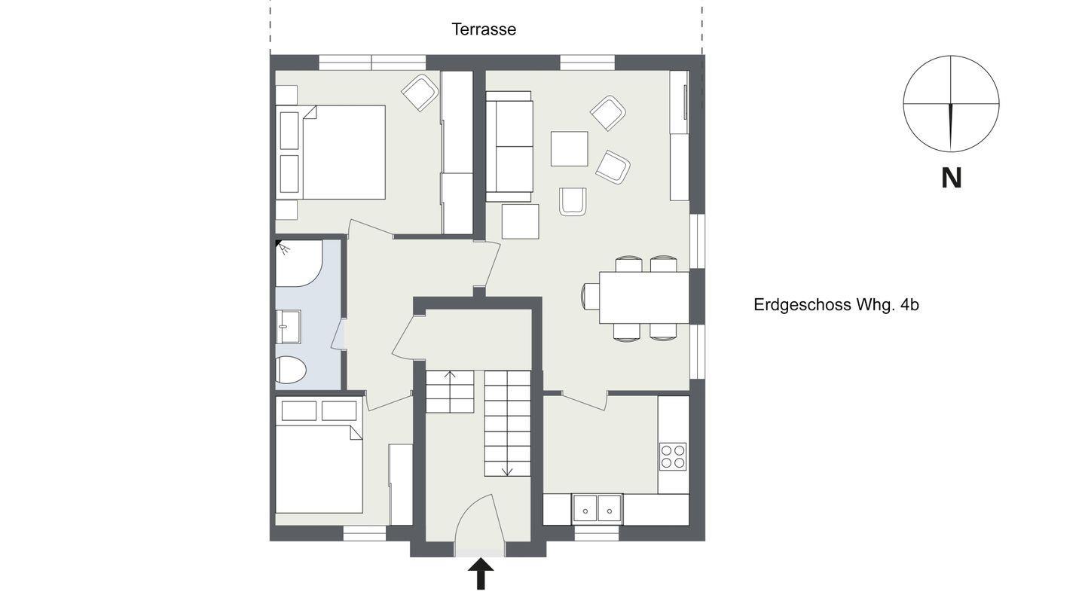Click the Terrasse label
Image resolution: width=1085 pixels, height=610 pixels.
click(484, 29)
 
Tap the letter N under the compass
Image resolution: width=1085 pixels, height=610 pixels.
click(951, 178)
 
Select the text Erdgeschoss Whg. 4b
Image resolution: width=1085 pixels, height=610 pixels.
click(836, 305)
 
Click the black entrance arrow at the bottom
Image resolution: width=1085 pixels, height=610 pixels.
click(481, 574)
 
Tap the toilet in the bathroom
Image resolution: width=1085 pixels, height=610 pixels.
click(290, 370)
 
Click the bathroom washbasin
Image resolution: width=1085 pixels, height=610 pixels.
click(288, 326)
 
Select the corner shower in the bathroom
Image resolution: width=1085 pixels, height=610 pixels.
click(298, 263)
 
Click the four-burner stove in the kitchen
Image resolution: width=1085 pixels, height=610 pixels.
click(673, 456)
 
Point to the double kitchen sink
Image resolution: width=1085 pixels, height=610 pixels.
click(598, 508)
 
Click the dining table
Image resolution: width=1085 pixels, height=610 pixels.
click(644, 297)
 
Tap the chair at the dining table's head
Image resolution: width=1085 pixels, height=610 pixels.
click(590, 296)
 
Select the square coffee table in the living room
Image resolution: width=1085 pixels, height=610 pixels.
click(569, 148)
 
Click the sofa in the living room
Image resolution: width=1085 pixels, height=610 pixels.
click(509, 146)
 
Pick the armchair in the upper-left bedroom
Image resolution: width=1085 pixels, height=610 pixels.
click(420, 93)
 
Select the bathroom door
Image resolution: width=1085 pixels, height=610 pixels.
click(338, 334)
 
